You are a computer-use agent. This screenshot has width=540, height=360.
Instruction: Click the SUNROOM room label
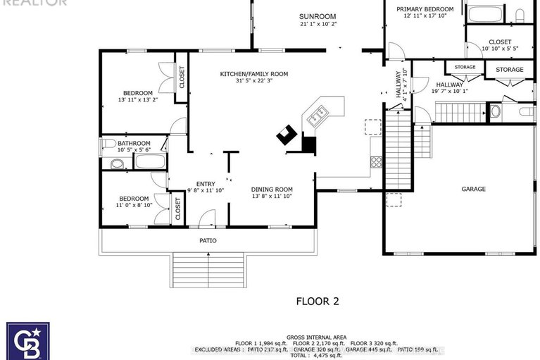317,16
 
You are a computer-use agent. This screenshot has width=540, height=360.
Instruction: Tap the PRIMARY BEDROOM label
424,9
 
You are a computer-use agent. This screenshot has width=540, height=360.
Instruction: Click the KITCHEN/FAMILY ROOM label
253,74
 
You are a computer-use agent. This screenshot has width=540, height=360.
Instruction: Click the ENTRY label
206,184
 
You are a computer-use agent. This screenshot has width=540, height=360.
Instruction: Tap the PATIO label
207,241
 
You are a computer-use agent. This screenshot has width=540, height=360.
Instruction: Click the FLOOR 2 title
317,302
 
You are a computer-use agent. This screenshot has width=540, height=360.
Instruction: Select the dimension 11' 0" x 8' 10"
134,206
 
